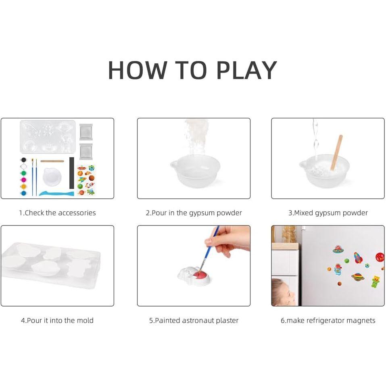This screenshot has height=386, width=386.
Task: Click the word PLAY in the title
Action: (x=247, y=70)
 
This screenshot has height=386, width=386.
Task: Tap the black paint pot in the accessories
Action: (x=23, y=160)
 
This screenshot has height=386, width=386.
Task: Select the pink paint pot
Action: (x=23, y=179)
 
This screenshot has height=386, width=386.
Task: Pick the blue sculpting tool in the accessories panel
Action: (x=56, y=194)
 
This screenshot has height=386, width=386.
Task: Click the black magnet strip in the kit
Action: (x=72, y=173)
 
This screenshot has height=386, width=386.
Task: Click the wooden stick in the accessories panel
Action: (x=52, y=161)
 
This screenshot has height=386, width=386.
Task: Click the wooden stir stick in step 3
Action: (x=337, y=152)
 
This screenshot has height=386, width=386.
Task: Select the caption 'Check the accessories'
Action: (x=57, y=213)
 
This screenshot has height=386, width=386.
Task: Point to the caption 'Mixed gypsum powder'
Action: (x=328, y=213)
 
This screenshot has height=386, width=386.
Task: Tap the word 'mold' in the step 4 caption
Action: (x=85, y=320)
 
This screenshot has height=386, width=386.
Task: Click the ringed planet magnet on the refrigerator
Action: (x=357, y=277)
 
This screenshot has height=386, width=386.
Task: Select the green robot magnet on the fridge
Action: (x=376, y=281)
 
